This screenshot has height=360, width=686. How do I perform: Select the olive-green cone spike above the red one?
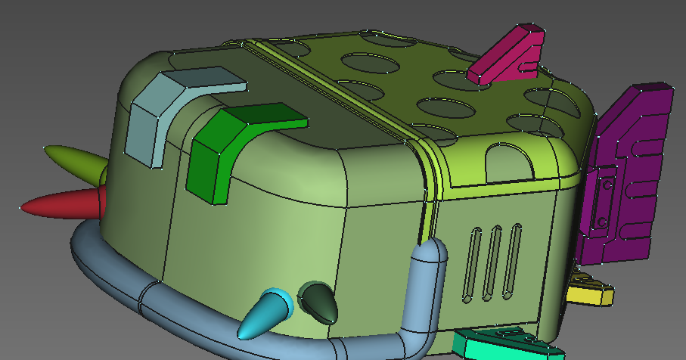coord(76,159)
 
